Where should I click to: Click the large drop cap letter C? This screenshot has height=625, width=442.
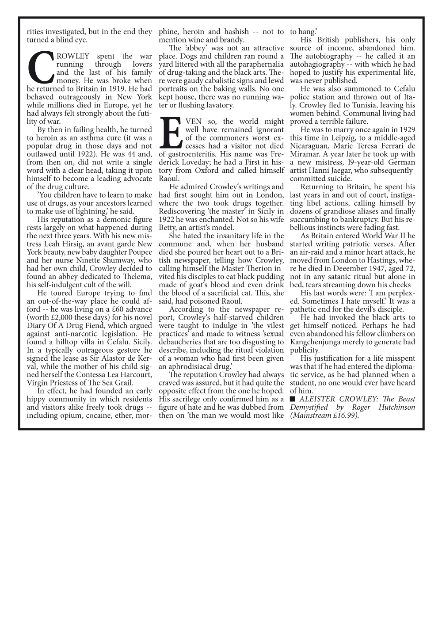40,68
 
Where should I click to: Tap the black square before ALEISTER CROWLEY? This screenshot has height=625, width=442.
293,399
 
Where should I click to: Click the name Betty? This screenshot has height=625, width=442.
168,228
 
